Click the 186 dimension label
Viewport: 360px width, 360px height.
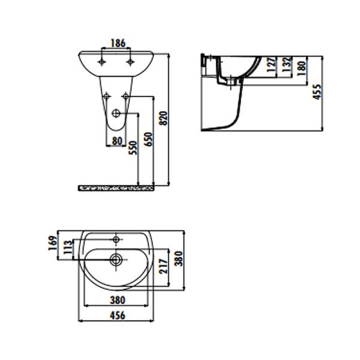tap(118, 43)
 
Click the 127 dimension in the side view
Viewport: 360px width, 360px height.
tap(272, 65)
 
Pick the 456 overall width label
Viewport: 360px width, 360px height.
tap(118, 316)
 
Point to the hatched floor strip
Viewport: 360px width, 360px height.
tap(117, 188)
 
